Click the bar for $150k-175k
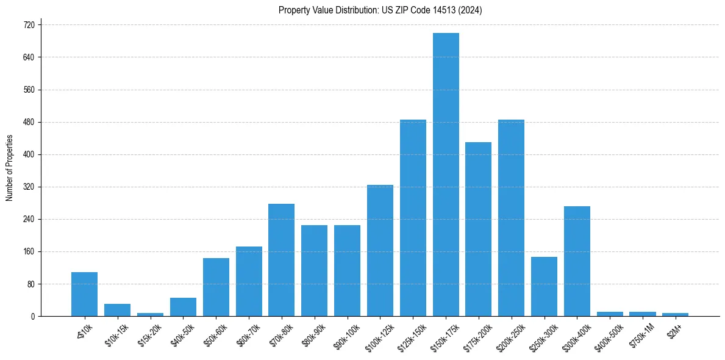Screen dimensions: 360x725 [x=446, y=175]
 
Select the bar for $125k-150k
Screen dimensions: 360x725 [x=413, y=218]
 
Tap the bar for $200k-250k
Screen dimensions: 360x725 [x=511, y=218]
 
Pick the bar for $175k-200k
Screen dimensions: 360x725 [x=478, y=229]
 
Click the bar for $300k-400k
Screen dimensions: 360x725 [x=577, y=261]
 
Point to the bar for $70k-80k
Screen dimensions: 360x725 [x=281, y=260]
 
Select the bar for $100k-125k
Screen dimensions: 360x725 [x=380, y=250]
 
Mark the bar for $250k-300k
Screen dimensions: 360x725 [x=544, y=287]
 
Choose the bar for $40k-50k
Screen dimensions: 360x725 [x=183, y=307]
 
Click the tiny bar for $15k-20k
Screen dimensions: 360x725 [x=150, y=314]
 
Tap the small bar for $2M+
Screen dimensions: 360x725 [x=675, y=314]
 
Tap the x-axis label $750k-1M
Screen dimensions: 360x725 [x=642, y=334]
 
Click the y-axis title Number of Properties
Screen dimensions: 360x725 [x=9, y=168]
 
